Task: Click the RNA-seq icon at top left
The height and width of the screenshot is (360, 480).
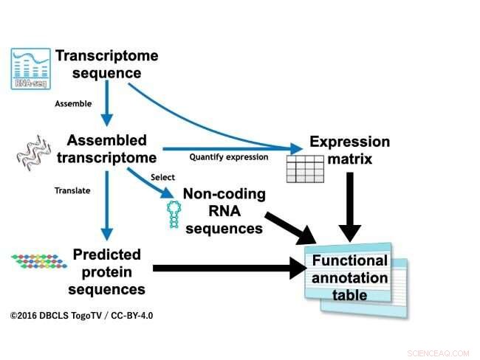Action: pyautogui.click(x=30, y=68)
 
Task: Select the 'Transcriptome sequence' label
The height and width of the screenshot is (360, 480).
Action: pyautogui.click(x=106, y=65)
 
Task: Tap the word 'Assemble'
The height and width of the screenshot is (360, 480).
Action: pyautogui.click(x=73, y=104)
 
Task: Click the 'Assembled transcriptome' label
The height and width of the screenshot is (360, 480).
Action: pyautogui.click(x=112, y=149)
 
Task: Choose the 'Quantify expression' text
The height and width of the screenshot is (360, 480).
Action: pyautogui.click(x=228, y=157)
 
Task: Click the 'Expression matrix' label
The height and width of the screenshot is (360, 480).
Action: pyautogui.click(x=349, y=150)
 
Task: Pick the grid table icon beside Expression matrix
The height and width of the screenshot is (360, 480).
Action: pyautogui.click(x=304, y=170)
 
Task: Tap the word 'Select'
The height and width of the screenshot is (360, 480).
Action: pyautogui.click(x=162, y=177)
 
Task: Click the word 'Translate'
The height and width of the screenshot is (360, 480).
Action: pyautogui.click(x=72, y=190)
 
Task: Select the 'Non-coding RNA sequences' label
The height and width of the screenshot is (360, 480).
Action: pyautogui.click(x=224, y=212)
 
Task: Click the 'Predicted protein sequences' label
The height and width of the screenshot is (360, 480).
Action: pyautogui.click(x=106, y=271)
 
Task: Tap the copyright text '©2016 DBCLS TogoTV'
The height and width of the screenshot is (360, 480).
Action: pyautogui.click(x=81, y=315)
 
